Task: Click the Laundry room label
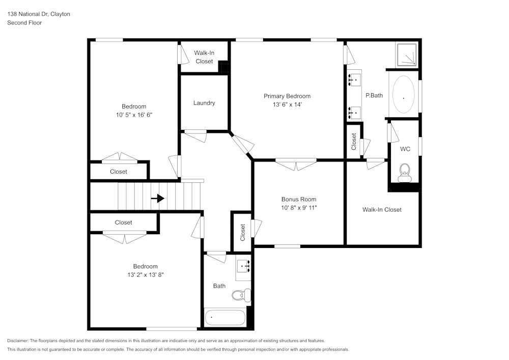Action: click(204, 103)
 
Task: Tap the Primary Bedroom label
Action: click(287, 96)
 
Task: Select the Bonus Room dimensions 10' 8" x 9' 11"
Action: click(299, 208)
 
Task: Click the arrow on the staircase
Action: click(158, 198)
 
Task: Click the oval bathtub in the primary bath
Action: click(404, 95)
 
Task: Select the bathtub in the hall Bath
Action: click(225, 318)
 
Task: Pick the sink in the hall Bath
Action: click(243, 266)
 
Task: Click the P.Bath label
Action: click(374, 95)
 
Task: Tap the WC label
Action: click(405, 149)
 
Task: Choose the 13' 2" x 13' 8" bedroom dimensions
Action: click(146, 274)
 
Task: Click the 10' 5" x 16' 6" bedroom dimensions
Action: click(134, 115)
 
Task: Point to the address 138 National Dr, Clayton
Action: click(39, 14)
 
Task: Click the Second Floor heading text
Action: click(24, 23)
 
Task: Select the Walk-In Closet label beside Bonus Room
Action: click(382, 209)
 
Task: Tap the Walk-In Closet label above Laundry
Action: click(204, 57)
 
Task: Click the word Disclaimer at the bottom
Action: click(18, 341)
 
